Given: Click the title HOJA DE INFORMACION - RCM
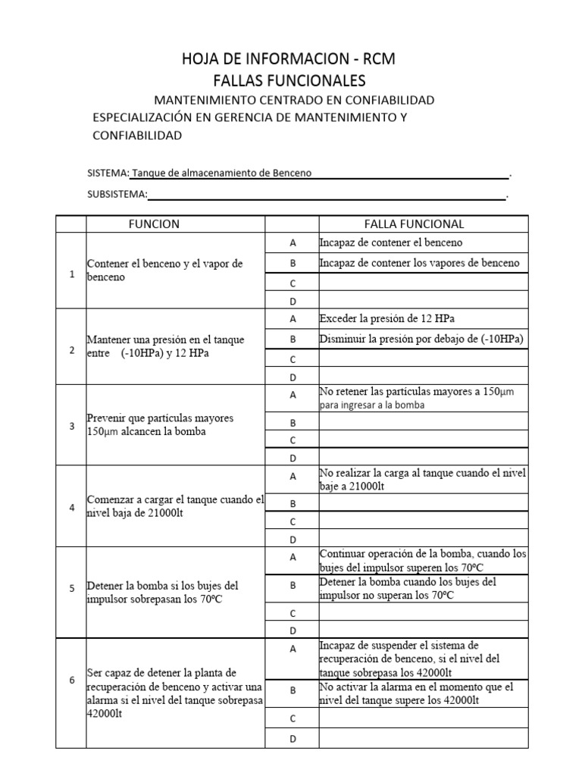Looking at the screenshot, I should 287,59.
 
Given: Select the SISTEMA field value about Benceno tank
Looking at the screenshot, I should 222,173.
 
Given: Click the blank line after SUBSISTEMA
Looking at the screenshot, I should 326,195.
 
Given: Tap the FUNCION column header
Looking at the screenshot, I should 154,224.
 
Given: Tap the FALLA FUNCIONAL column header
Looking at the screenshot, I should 414,224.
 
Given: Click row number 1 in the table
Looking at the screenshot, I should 71,274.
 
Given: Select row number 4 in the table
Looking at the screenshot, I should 71,507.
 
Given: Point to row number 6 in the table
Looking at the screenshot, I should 71,680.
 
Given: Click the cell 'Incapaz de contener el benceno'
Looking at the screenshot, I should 391,242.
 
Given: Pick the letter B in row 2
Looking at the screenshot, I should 292,339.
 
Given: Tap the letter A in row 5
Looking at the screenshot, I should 292,557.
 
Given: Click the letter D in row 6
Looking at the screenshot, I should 292,739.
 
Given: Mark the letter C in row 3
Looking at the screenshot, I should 292,440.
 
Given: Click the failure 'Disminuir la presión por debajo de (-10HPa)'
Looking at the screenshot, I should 422,338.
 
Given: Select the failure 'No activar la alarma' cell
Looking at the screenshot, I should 416,693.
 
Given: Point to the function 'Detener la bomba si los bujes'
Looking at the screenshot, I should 163,592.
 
